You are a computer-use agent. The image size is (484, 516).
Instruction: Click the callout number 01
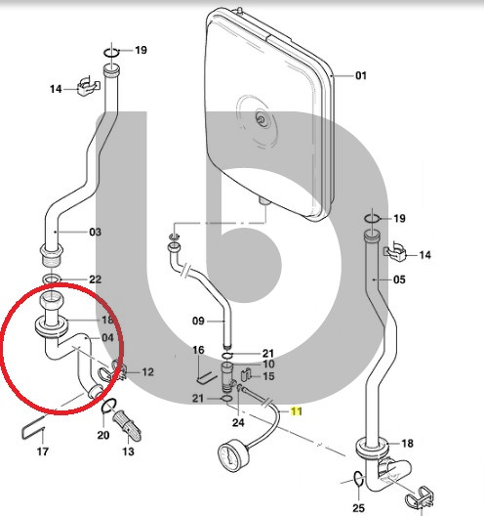click(361, 75)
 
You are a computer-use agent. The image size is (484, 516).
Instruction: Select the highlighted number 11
click(297, 411)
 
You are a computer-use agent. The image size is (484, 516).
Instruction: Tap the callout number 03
click(96, 232)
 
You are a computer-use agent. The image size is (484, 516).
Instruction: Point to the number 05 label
click(399, 279)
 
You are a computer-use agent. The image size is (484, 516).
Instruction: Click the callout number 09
click(198, 321)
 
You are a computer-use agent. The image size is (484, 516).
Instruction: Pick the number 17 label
click(43, 451)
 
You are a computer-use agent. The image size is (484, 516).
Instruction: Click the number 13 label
click(128, 451)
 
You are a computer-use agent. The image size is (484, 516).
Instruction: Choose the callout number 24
click(238, 422)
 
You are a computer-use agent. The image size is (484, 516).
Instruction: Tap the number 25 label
click(358, 508)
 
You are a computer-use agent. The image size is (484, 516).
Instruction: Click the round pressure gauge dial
click(231, 457)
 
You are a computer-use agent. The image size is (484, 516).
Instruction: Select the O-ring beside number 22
click(52, 279)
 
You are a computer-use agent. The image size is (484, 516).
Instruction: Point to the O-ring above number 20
click(108, 406)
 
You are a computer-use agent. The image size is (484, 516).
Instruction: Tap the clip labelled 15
click(247, 374)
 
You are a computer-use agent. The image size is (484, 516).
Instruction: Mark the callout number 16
click(198, 350)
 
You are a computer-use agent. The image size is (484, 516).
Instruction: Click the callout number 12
click(148, 372)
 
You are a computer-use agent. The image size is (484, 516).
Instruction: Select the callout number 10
click(268, 364)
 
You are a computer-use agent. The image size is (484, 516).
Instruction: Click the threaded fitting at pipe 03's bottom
click(52, 255)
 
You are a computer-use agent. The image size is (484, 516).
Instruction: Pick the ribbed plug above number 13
click(127, 425)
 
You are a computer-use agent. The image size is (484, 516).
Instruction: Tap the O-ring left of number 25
click(359, 478)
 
